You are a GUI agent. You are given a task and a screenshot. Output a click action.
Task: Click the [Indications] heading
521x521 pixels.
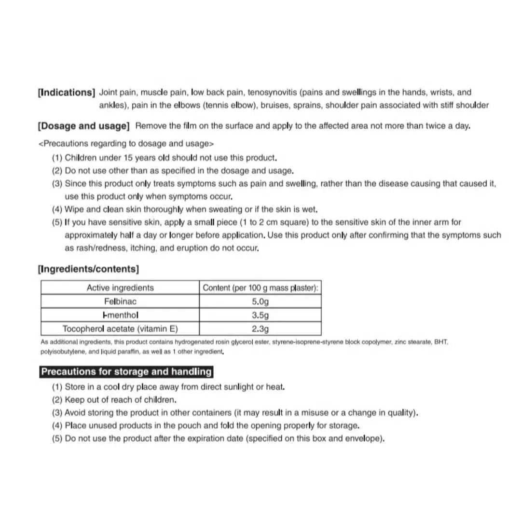pos(67,93)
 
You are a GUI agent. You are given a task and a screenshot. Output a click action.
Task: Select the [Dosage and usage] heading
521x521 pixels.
pos(83,126)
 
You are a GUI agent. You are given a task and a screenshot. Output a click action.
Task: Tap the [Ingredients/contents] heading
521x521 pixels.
pos(88,269)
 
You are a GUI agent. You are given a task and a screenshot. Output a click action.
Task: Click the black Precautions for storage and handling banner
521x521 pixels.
pos(126,372)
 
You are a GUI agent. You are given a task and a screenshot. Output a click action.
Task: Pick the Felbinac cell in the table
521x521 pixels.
pos(120,302)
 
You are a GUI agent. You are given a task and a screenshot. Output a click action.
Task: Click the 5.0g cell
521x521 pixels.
pos(260,302)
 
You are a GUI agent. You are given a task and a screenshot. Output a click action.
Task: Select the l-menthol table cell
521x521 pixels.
pos(120,315)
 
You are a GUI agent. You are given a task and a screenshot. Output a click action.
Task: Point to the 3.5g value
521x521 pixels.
pos(260,315)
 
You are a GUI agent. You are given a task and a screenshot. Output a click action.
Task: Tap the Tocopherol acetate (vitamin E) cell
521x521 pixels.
pos(120,329)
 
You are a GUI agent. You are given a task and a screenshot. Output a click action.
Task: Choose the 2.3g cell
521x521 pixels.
pos(260,329)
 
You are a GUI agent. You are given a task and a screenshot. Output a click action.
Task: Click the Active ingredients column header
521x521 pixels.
pos(120,288)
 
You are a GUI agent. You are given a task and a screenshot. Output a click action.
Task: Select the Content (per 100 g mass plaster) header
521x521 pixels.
pos(260,288)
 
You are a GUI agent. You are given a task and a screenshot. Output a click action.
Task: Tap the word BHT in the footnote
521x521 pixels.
pos(441,342)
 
